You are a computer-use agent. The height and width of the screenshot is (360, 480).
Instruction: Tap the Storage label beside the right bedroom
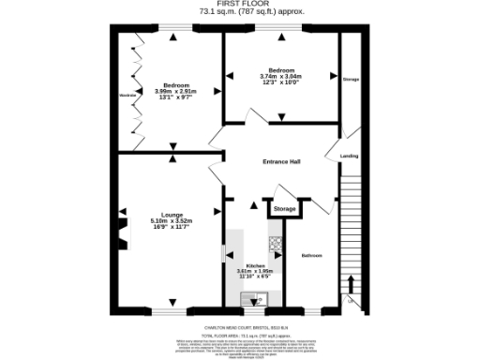(350, 80)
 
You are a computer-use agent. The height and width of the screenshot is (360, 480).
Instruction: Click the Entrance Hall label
(280, 161)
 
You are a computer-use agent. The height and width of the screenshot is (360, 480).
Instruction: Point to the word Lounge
(172, 215)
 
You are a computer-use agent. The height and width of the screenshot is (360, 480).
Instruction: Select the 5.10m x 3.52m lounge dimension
(172, 221)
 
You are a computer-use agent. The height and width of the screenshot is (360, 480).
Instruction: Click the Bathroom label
(311, 255)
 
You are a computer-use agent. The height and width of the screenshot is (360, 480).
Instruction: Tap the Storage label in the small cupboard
(285, 208)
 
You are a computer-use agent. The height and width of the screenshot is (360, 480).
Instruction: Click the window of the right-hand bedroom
(282, 33)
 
